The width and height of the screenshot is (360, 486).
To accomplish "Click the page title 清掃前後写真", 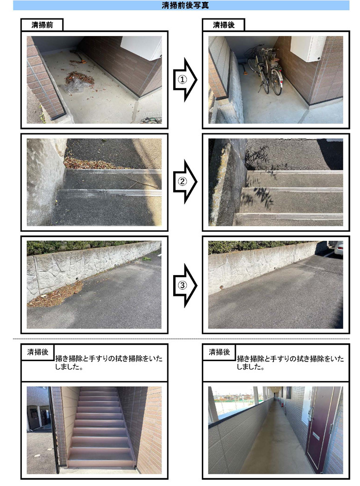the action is (185, 5).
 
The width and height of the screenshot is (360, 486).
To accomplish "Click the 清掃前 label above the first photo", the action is (42, 25).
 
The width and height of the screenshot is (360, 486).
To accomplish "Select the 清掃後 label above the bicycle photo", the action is (223, 25).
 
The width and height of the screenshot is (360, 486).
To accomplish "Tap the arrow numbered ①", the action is (185, 80).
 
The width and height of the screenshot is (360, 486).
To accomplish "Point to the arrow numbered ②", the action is (185, 182).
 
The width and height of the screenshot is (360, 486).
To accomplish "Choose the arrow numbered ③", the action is (185, 285).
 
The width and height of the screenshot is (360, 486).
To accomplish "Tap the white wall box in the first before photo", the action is (141, 48).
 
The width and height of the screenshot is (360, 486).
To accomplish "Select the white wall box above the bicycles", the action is (308, 48).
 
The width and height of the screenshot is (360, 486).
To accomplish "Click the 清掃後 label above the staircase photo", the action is (37, 352).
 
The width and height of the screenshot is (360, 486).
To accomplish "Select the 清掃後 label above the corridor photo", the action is (219, 352).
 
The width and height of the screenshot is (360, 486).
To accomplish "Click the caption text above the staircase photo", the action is (108, 363).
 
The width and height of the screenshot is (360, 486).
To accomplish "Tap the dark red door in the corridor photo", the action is (320, 429).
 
